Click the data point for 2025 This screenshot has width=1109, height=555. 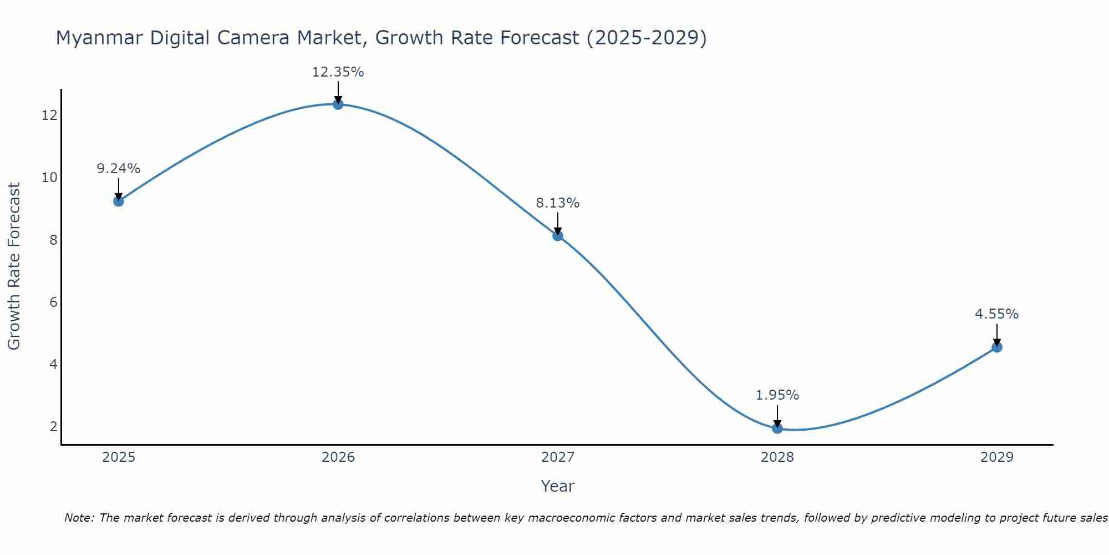119,201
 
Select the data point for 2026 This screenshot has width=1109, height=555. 338,104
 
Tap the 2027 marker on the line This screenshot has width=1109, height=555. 558,235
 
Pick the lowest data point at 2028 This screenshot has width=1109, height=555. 777,428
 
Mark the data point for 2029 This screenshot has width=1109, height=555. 996,347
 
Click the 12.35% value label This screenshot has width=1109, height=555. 338,72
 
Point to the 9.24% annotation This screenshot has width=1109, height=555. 119,169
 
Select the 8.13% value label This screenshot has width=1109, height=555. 557,203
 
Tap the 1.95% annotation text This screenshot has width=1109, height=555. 777,395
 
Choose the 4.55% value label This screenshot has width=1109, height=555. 996,314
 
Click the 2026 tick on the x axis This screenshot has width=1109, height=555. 338,457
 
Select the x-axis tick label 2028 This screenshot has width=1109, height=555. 777,457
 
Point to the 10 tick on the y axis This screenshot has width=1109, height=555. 49,178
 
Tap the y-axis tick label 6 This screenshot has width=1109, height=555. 53,302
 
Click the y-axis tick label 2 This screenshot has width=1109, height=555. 53,426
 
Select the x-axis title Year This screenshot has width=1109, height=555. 557,486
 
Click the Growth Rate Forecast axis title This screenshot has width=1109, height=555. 14,266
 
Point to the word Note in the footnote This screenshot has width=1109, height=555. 79,518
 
